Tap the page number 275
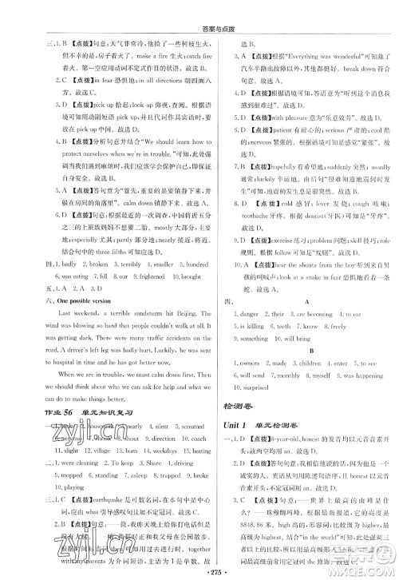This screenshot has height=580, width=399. pos(199,571)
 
